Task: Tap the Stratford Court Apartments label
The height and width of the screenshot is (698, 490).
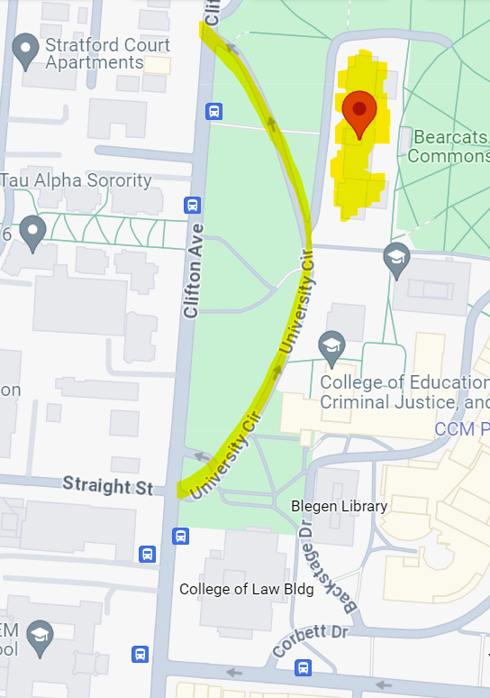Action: pos(95,53)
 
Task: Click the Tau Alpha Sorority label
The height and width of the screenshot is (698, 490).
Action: pos(76,179)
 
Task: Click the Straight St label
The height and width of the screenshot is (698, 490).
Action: pos(108,485)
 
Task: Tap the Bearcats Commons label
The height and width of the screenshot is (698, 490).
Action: pos(447,146)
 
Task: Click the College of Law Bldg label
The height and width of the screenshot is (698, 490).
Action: pos(246,589)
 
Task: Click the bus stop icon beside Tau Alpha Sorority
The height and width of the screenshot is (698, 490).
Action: pos(192,205)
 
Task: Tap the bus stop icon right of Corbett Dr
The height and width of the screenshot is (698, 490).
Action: pos(304,668)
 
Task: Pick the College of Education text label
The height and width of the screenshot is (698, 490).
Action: pos(404,391)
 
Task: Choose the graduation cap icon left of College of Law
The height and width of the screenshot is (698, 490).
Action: pos(39,638)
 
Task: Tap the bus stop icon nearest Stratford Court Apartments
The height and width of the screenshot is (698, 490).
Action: pos(213,111)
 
